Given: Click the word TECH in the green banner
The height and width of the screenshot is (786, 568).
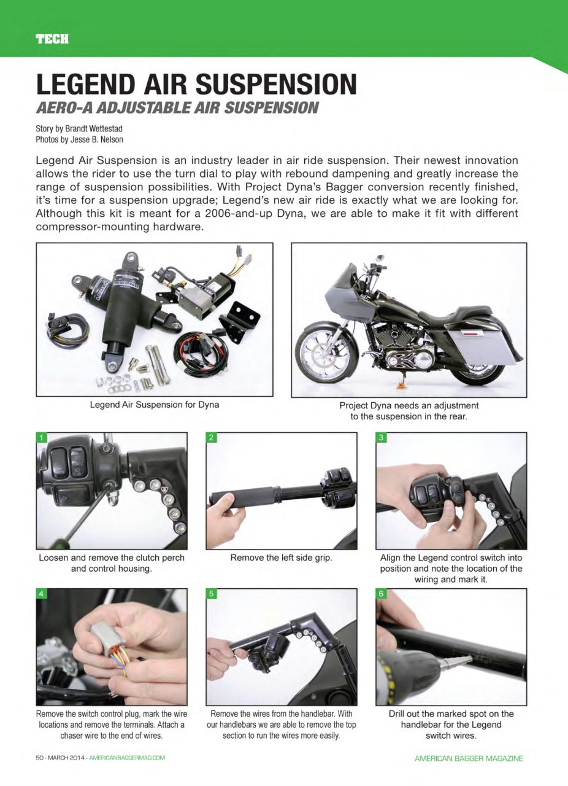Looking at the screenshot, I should [52, 39].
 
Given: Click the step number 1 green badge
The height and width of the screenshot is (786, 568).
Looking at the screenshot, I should [42, 438].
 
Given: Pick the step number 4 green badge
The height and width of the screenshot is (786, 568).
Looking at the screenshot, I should [42, 594].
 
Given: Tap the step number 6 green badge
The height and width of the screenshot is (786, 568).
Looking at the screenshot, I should [381, 594].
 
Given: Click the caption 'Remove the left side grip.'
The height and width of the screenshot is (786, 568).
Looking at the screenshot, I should [281, 558].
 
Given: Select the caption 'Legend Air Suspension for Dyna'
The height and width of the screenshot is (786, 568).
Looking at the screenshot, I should [155, 405].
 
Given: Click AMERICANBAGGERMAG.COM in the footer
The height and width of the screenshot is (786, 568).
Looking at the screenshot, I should [127, 758].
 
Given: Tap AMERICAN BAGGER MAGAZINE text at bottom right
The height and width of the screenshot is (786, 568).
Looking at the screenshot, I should [469, 759].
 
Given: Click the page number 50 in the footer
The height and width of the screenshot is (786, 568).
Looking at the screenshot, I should [40, 758].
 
